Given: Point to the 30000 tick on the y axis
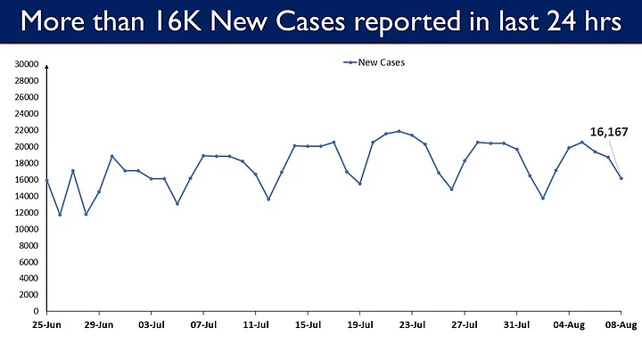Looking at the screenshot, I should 27,65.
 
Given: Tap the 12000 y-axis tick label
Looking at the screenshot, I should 27,213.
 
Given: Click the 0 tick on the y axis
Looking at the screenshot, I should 36,311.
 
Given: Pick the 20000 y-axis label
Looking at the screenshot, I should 27,147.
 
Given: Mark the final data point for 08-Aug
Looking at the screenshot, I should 621,178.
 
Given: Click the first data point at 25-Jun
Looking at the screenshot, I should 46,180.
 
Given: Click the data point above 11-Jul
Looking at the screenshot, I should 256,174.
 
